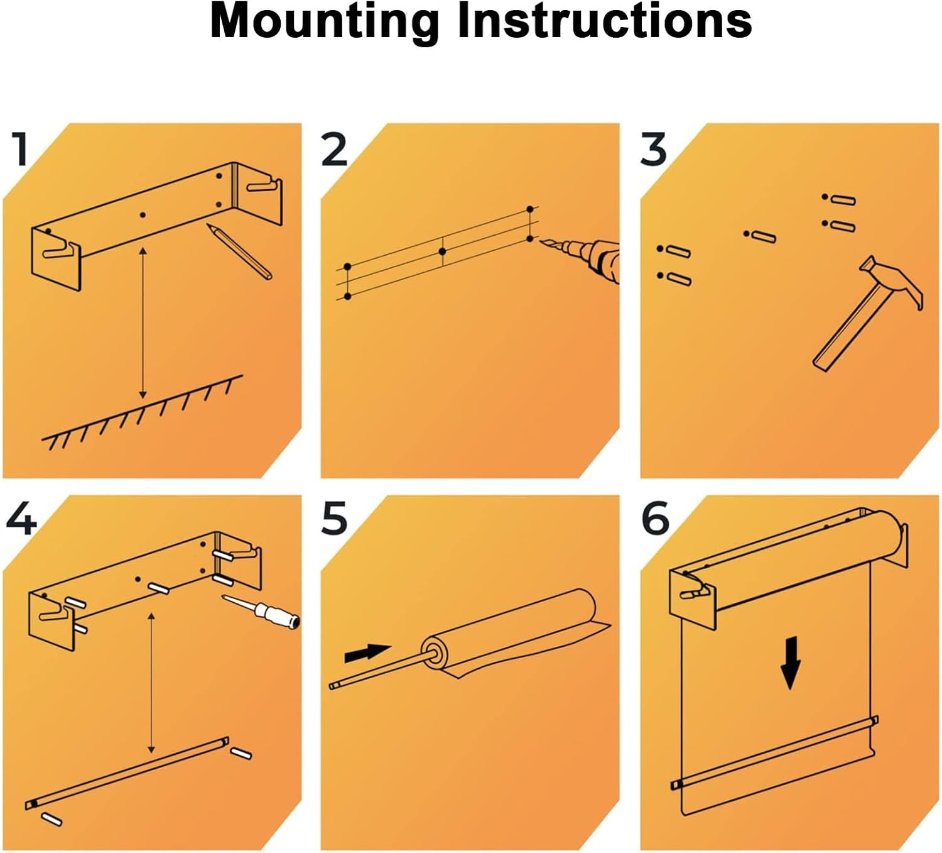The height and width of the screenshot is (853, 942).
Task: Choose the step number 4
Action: pyautogui.click(x=21, y=519)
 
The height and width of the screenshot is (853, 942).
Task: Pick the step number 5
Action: pyautogui.click(x=334, y=519)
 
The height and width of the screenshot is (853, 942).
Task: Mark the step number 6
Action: pyautogui.click(x=655, y=519)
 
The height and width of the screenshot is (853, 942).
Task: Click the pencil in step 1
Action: pyautogui.click(x=240, y=251)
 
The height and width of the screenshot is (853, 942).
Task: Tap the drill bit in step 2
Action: pyautogui.click(x=550, y=243)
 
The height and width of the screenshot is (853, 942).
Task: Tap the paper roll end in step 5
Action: pyautogui.click(x=435, y=653)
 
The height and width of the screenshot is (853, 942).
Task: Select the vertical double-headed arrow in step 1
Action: pyautogui.click(x=143, y=322)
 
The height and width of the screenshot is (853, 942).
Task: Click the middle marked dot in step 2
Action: pyautogui.click(x=443, y=251)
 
